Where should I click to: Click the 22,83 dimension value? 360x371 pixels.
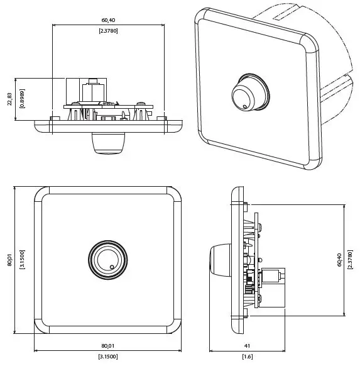click(10, 99)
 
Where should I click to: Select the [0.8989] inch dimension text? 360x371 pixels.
click(22, 99)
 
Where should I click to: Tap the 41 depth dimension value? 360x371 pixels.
click(248, 345)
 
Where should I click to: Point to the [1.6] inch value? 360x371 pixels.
click(248, 357)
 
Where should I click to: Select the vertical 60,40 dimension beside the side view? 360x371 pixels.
click(339, 259)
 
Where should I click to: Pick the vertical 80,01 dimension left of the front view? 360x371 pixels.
click(10, 260)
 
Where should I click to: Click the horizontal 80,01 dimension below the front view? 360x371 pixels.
click(107, 345)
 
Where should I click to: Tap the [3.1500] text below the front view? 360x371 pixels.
click(107, 357)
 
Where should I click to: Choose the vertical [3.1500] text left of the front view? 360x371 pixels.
click(22, 260)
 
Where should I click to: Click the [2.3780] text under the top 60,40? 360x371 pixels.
click(108, 30)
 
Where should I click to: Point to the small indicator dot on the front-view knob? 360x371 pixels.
click(112, 268)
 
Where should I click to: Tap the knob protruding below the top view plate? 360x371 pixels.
click(107, 143)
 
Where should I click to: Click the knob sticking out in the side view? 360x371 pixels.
click(220, 260)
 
